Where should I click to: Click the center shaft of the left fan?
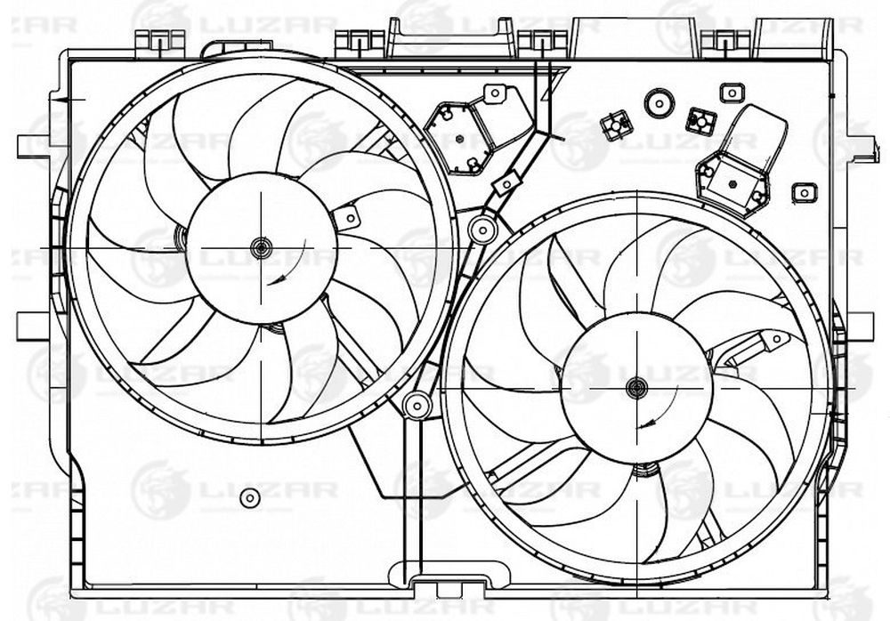(x=261, y=247)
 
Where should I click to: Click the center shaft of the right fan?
(x=637, y=388)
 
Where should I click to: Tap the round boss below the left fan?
(x=249, y=498)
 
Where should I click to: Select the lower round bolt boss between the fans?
(x=417, y=406)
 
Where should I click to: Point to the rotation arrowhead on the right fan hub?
(x=644, y=423)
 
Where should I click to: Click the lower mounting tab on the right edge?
(x=858, y=326)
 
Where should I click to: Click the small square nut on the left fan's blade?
(x=347, y=217)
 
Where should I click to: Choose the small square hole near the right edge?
(x=804, y=193)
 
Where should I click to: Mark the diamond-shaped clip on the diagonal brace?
(x=506, y=182)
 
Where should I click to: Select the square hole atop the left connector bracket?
(x=494, y=93)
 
